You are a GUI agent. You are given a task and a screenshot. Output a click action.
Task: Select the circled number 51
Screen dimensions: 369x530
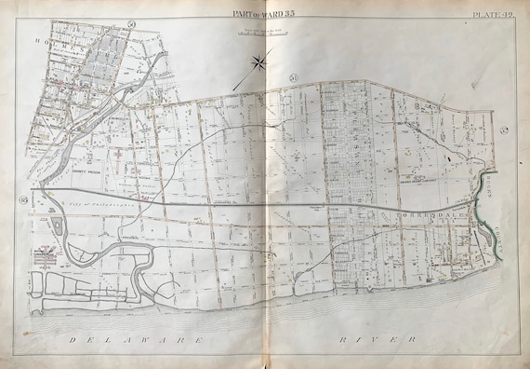point(294,76)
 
